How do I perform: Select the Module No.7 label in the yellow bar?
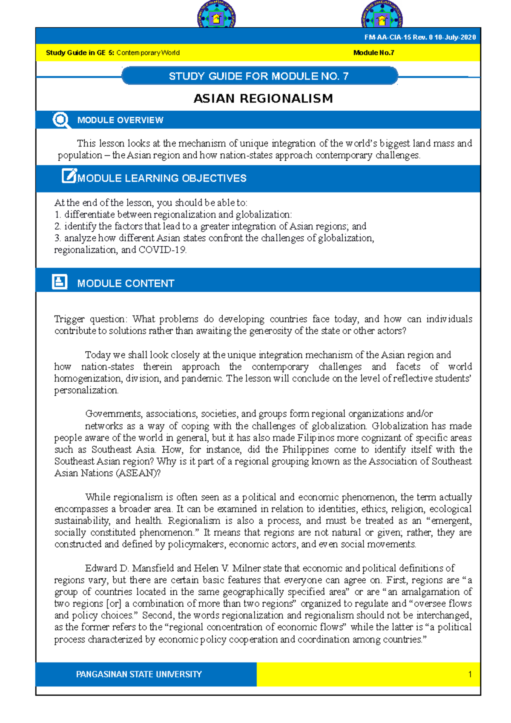pos(373,53)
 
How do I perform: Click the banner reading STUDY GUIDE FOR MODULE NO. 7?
pos(259,76)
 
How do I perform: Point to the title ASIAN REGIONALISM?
pos(263,99)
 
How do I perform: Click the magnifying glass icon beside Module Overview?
pos(61,120)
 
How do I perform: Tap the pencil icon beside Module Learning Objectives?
pos(69,176)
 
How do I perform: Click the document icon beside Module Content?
pos(60,282)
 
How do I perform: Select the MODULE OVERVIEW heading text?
pos(120,120)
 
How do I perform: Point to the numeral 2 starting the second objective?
pos(57,227)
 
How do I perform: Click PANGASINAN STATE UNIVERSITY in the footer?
pos(139,674)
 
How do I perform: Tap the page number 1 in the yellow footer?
pos(470,674)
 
